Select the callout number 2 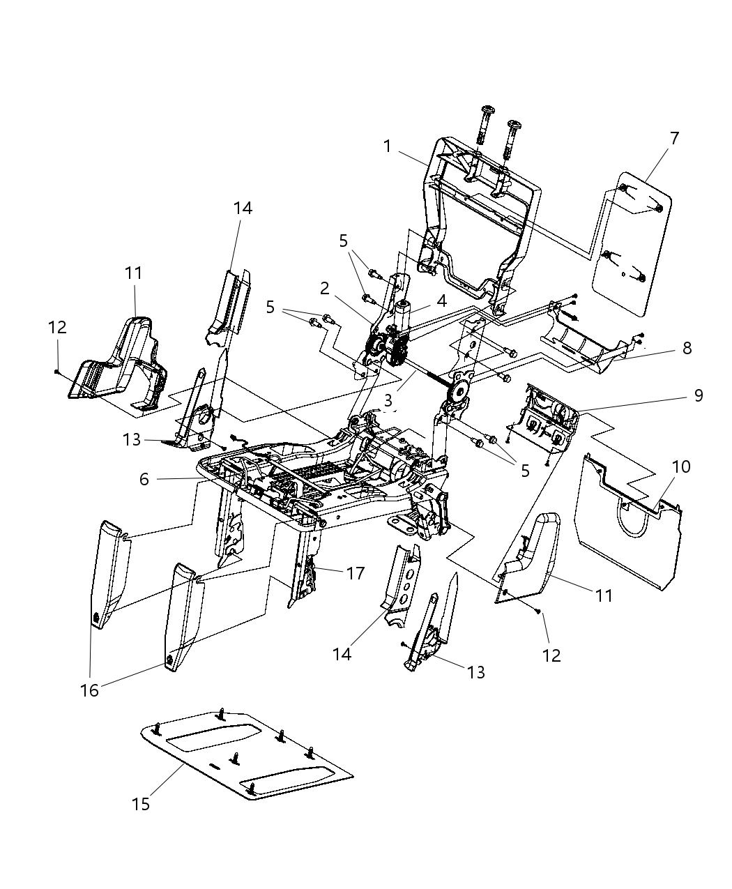(x=326, y=287)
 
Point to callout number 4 (x=441, y=301)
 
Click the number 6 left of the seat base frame (x=144, y=480)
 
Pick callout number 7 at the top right (x=673, y=138)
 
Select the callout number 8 (x=687, y=347)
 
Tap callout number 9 (x=697, y=395)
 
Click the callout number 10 (x=681, y=466)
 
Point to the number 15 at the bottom (x=141, y=804)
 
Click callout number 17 (x=356, y=573)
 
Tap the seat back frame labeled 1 (x=481, y=209)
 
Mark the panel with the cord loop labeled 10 (x=627, y=544)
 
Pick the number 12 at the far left (x=57, y=326)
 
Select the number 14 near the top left (x=243, y=208)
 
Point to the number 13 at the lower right (x=476, y=672)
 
